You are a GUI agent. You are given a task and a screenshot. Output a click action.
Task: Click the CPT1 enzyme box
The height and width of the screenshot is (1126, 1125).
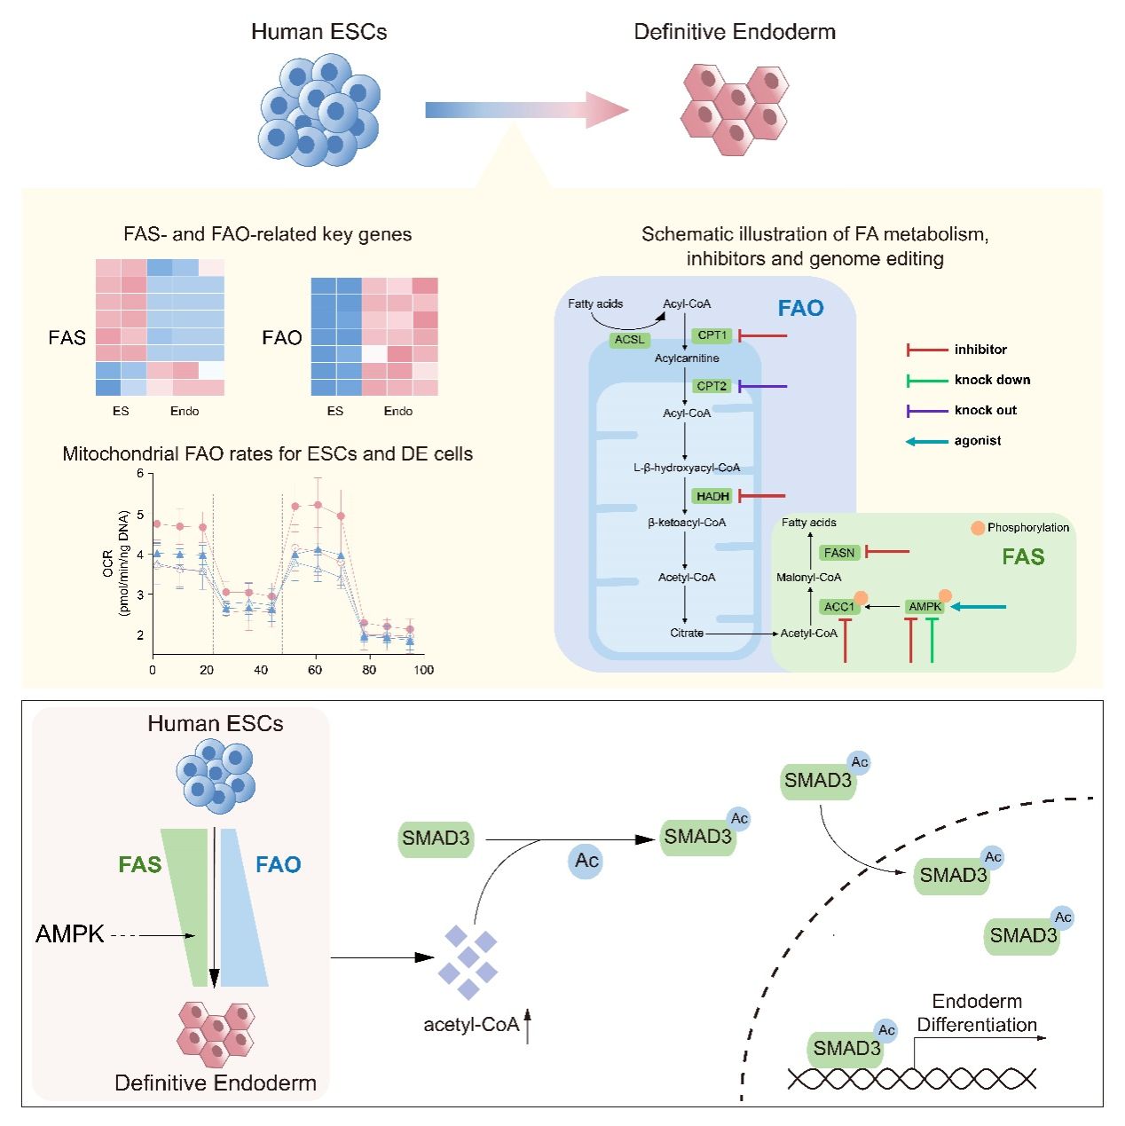point(712,335)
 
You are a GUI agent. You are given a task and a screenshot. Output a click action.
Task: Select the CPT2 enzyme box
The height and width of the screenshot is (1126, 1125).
point(712,386)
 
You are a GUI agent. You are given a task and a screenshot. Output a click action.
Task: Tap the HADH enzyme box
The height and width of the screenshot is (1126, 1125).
point(712,496)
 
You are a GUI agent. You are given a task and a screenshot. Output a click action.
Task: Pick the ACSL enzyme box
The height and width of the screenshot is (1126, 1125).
point(630,340)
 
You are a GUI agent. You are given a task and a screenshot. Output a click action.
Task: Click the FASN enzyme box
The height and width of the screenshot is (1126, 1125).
point(839,553)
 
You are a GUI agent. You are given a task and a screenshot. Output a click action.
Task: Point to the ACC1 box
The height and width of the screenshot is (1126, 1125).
point(838,607)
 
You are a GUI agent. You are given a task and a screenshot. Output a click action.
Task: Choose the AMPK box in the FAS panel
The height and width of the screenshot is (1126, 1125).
point(924,607)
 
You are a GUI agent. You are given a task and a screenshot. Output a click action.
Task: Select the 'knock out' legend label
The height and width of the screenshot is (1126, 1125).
point(986,410)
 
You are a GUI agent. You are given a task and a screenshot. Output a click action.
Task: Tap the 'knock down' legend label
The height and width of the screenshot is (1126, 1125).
point(992,380)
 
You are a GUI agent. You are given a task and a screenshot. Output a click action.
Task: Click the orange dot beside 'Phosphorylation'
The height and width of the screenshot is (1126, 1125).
point(978,528)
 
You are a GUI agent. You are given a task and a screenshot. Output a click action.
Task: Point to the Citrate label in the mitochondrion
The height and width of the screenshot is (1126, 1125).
point(687,633)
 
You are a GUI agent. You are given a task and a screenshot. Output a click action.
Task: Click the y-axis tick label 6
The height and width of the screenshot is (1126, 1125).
point(140,474)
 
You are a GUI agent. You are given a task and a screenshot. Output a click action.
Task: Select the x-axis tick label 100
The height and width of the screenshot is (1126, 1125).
point(423,670)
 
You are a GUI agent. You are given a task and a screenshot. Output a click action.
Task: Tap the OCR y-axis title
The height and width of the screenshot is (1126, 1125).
point(115,563)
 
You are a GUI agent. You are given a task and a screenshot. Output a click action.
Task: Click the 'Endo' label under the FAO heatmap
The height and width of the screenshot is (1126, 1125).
point(398,411)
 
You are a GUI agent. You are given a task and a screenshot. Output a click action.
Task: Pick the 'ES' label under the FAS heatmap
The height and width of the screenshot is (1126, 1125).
point(121,411)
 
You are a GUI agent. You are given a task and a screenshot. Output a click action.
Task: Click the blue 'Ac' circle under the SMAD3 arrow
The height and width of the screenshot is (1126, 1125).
point(586,861)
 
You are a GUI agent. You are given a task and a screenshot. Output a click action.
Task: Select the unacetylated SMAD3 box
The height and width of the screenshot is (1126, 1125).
point(436,839)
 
